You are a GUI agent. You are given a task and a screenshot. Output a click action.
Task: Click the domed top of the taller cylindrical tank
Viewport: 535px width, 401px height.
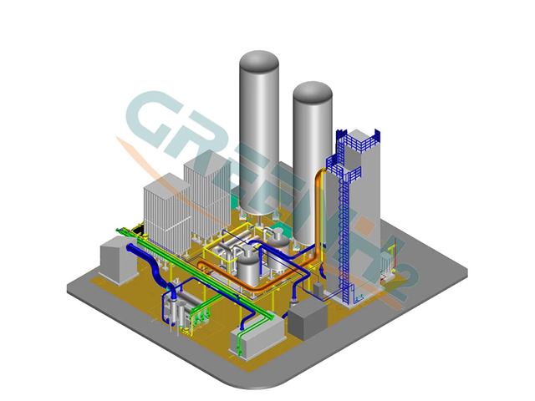[259, 63]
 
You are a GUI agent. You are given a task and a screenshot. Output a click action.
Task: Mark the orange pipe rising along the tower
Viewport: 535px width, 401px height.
[318, 209]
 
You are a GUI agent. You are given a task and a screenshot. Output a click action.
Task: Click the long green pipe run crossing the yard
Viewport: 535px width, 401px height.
[209, 276]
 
